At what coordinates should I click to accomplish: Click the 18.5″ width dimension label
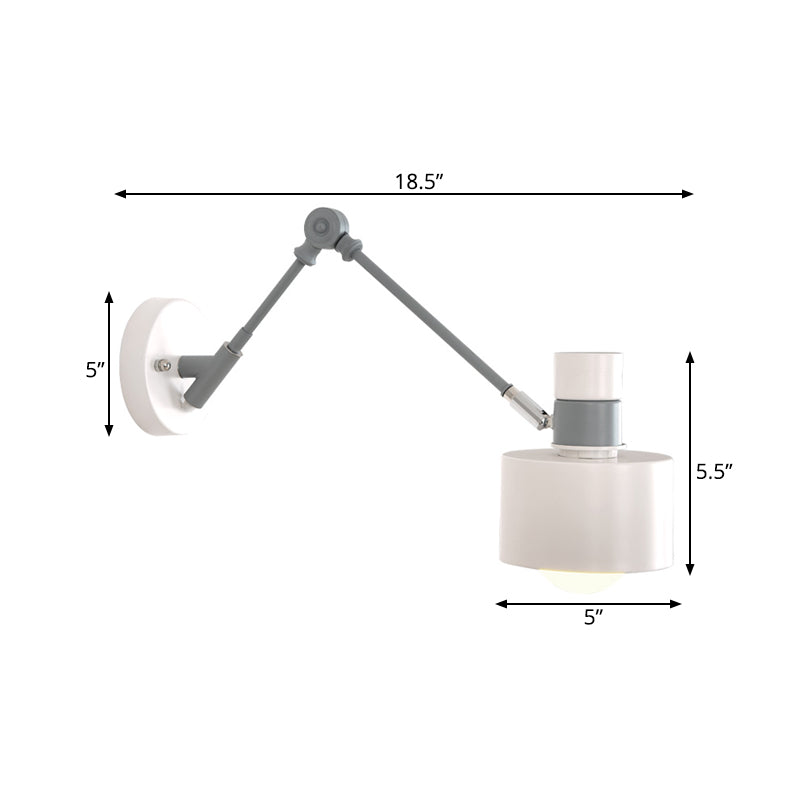coord(418,181)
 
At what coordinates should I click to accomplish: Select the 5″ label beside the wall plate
coord(95,369)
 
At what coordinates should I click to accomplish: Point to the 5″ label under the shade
coord(595,618)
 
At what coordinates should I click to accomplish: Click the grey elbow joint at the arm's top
coord(323,227)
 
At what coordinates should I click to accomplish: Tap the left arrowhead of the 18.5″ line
coord(120,194)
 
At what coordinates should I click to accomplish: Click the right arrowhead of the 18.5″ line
coord(688,194)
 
